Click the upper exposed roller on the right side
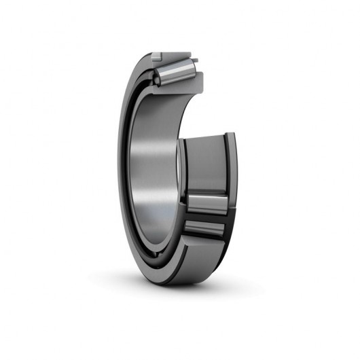[206, 203]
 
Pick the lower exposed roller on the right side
[205, 230]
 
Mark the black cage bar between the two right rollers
[206, 217]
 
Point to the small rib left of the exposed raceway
[182, 170]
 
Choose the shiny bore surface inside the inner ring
[156, 170]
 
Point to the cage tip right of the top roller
[195, 62]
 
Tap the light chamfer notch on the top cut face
[156, 54]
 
